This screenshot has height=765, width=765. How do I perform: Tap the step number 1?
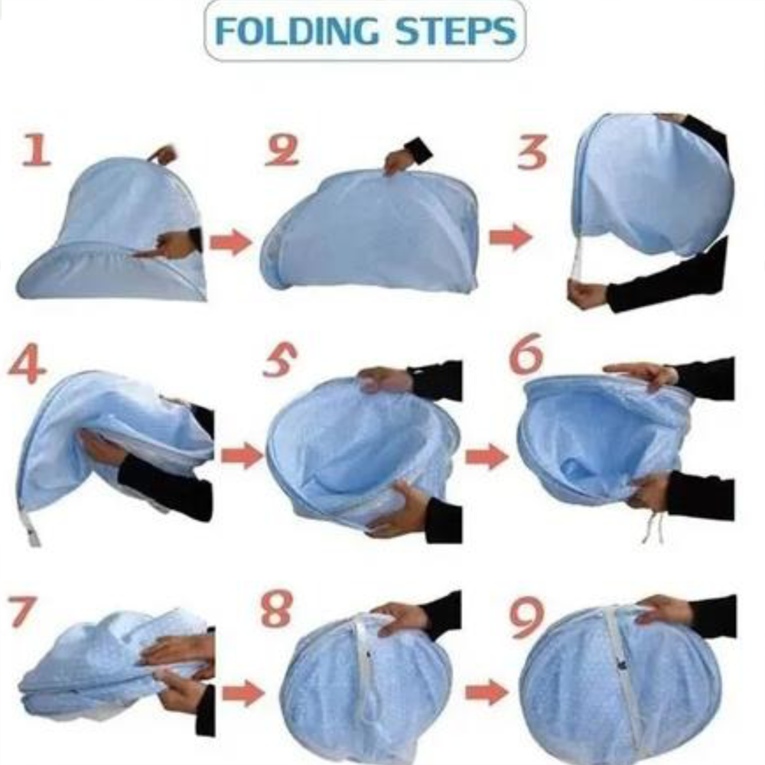pos(36,151)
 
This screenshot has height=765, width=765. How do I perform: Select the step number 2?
pos(282,151)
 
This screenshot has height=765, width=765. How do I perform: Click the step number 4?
pos(27,365)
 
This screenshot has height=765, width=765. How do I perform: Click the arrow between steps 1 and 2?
pos(230,243)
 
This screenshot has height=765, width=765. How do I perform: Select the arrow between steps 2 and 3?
pos(510,237)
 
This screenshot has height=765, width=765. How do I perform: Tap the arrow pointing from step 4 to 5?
pos(242,456)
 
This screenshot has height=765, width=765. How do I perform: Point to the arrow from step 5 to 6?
pos(487,457)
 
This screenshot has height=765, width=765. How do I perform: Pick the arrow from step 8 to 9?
pos(487,693)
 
